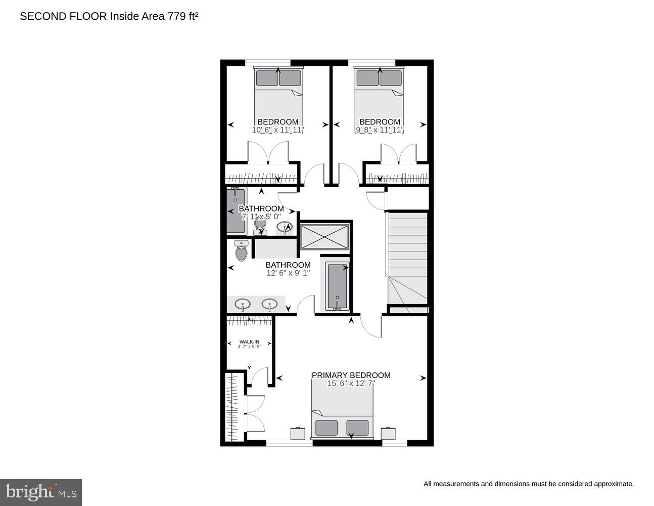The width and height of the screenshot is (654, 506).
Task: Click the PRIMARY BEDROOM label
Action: [x=351, y=375]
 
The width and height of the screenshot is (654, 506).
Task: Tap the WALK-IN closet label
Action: [x=249, y=342]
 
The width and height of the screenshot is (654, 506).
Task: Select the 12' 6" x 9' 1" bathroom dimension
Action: [x=288, y=273]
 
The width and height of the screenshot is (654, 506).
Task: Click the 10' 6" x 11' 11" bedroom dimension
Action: [x=278, y=130]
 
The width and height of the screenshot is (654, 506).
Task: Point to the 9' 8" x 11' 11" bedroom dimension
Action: [x=380, y=130]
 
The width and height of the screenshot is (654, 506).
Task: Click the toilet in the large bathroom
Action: [x=242, y=251]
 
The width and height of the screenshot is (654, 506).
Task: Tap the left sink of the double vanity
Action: [x=243, y=305]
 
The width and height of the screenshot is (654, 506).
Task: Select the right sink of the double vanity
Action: [x=269, y=305]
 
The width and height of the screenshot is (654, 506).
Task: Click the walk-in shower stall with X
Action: [x=324, y=237]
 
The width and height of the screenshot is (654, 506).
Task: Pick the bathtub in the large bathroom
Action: [x=338, y=286]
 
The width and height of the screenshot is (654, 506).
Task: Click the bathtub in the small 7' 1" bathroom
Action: [x=236, y=210]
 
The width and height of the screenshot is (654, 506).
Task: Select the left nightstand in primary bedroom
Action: [x=298, y=434]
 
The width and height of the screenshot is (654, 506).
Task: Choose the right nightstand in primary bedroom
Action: [x=388, y=434]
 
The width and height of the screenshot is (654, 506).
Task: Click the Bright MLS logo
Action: [x=41, y=492]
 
